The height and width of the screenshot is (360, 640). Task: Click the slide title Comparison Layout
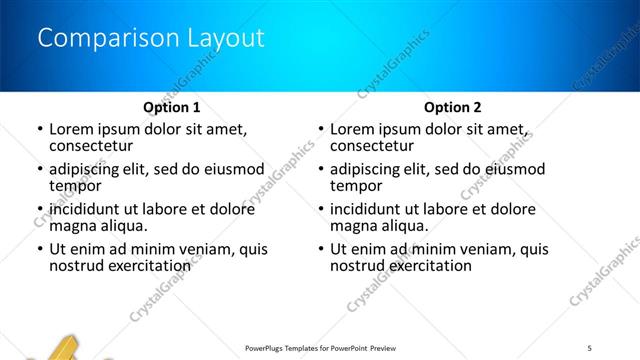(150, 39)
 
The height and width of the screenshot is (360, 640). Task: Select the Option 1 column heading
(171, 107)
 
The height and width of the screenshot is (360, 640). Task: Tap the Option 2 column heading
(452, 107)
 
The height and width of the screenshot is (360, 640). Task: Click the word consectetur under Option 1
(91, 147)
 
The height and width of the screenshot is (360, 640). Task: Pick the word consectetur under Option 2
(372, 147)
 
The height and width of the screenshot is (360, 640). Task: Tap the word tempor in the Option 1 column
(75, 186)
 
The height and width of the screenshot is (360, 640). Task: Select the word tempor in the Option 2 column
(356, 186)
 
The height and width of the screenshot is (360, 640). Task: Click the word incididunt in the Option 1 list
(89, 209)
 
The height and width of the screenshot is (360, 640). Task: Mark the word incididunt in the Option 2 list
(370, 209)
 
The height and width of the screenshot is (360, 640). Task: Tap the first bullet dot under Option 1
(39, 130)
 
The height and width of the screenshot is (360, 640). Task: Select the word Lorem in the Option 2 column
(352, 129)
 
